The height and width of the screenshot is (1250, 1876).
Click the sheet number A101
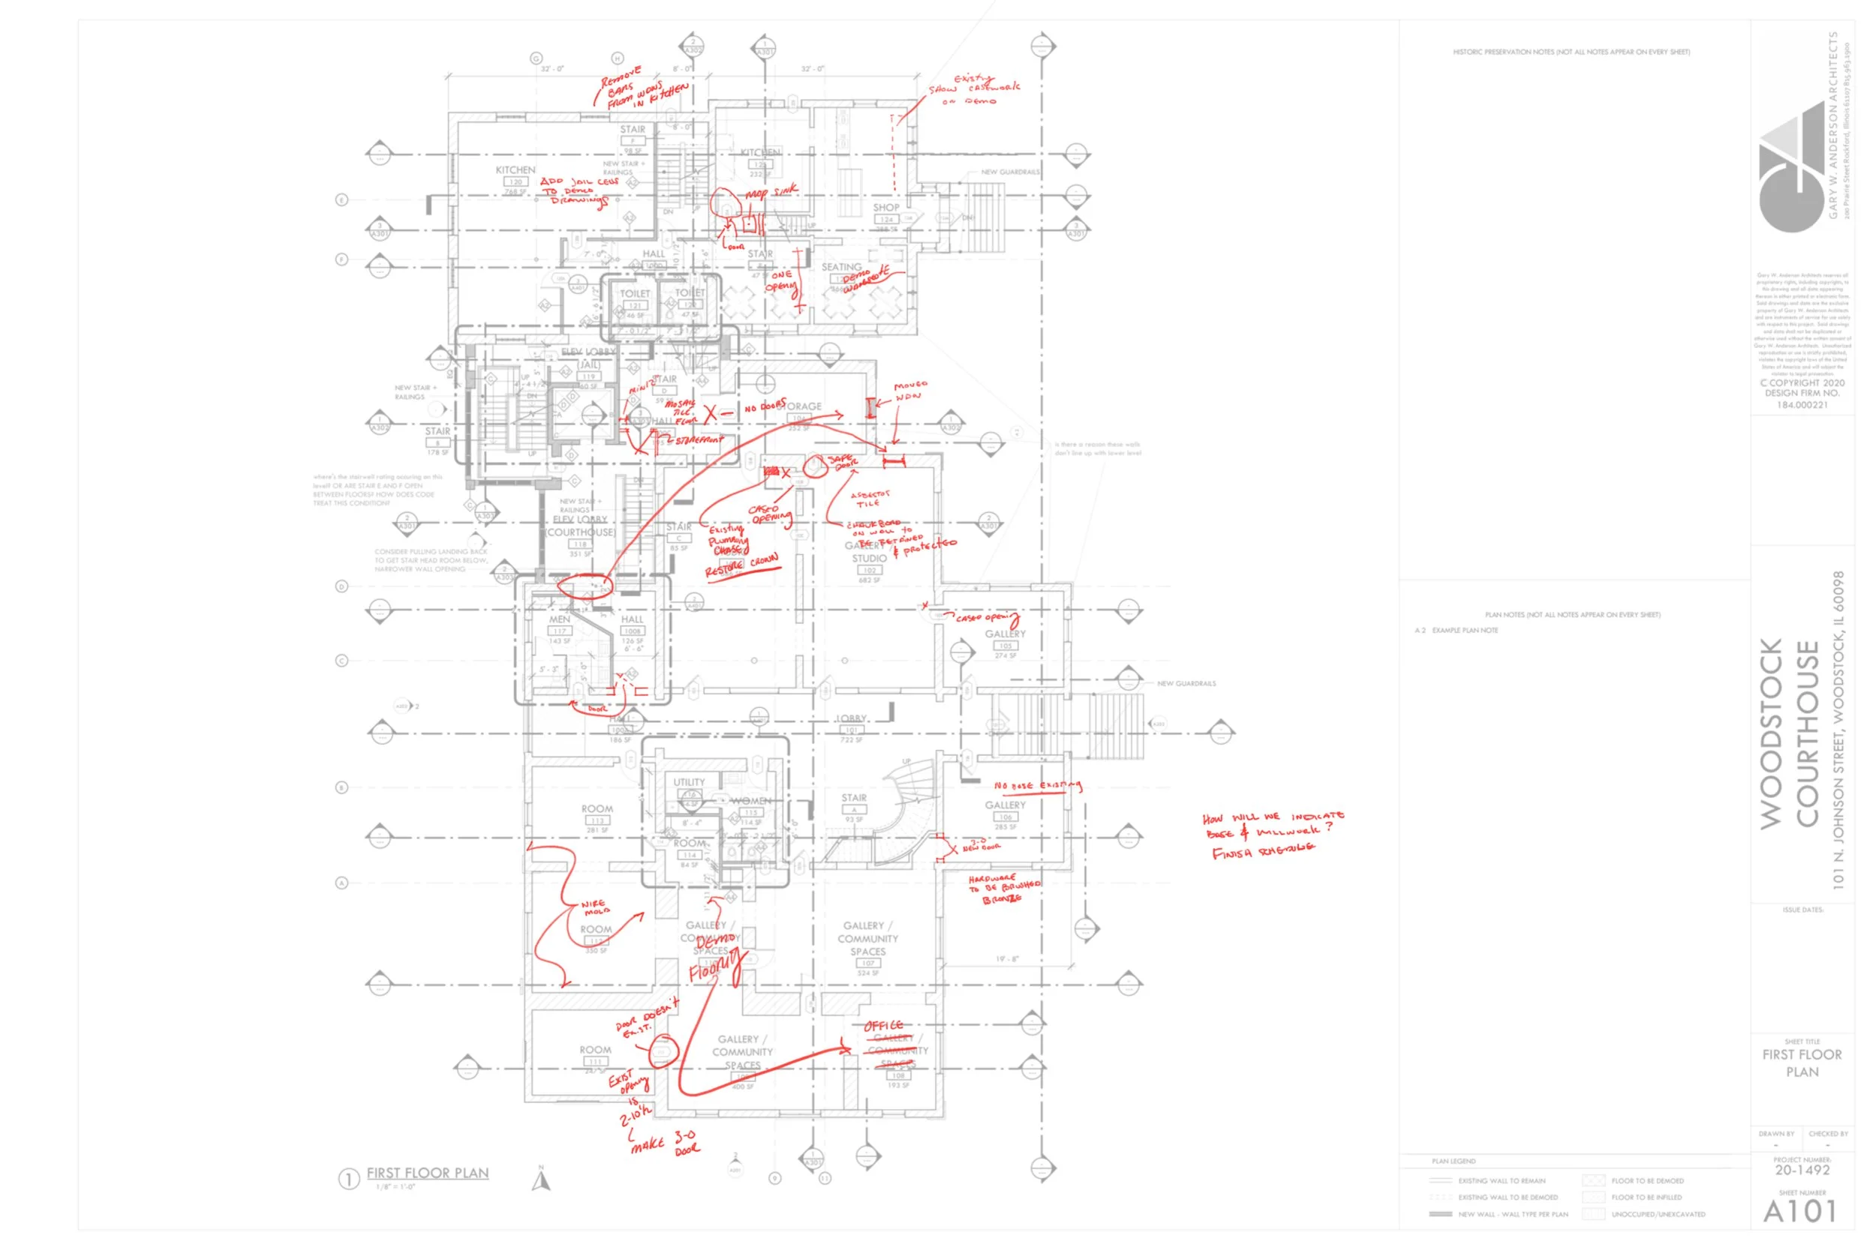coord(1799,1212)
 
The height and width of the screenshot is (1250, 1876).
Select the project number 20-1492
coord(1802,1171)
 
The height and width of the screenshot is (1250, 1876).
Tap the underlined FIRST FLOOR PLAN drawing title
coord(428,1174)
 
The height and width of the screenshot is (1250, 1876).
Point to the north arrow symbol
coord(542,1179)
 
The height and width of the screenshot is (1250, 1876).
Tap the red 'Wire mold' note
coord(596,907)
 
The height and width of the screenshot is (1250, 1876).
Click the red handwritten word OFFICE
coord(884,1026)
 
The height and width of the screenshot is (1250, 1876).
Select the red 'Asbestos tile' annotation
coord(870,499)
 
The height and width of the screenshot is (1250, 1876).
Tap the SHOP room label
coord(885,207)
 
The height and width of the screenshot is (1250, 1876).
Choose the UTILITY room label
coord(689,782)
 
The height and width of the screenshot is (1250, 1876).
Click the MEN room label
coord(559,619)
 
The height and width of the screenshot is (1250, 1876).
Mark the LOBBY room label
coord(851,718)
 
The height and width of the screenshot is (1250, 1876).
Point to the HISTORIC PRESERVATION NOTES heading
coord(1571,52)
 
